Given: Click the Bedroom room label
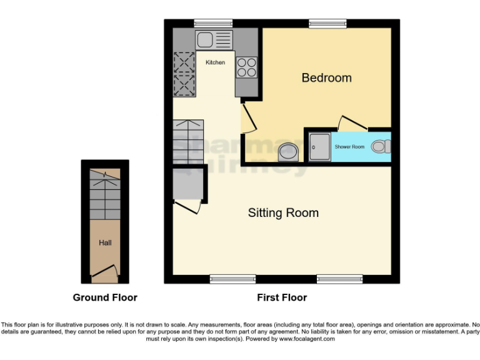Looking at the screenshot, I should click(326, 78).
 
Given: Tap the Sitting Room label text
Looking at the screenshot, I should click(283, 213).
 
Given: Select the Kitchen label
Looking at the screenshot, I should click(215, 62).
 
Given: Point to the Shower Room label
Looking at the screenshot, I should click(349, 146).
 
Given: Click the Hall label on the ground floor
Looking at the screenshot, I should click(105, 242).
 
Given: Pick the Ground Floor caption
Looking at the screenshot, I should click(105, 297).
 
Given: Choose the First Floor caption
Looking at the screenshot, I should click(282, 297).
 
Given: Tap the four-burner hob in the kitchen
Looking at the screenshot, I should click(246, 67).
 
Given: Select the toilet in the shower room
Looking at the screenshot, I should click(379, 147).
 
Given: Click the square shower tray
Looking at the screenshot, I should click(319, 147).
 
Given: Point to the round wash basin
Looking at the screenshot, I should click(288, 151).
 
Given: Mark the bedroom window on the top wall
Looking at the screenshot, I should click(327, 23).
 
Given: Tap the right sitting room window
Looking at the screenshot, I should click(339, 279).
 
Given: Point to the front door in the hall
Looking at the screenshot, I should click(104, 271).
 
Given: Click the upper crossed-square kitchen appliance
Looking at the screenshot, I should click(185, 62).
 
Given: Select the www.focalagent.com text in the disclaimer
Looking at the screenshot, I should click(306, 339).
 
